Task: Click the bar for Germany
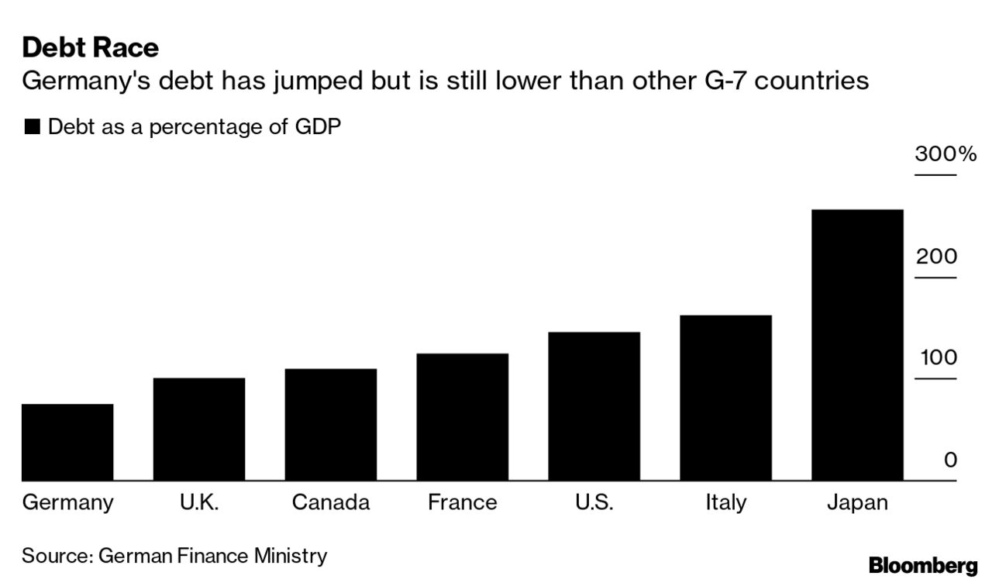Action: pyautogui.click(x=67, y=442)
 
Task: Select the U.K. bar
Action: pyautogui.click(x=199, y=429)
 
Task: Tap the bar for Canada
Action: pyautogui.click(x=331, y=424)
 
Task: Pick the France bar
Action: pyautogui.click(x=462, y=416)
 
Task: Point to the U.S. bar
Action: pyautogui.click(x=594, y=406)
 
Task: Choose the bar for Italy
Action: pyautogui.click(x=725, y=398)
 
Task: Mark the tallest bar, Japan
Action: pyautogui.click(x=856, y=345)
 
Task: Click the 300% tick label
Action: pyautogui.click(x=946, y=153)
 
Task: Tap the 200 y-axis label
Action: pyautogui.click(x=936, y=256)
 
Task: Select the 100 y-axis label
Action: pyautogui.click(x=938, y=357)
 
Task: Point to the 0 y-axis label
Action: pyautogui.click(x=950, y=460)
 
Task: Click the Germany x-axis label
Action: pyautogui.click(x=67, y=502)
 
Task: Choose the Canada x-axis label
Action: pyautogui.click(x=331, y=502)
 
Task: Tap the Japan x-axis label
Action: pyautogui.click(x=856, y=502)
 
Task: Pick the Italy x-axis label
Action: pyautogui.click(x=725, y=502)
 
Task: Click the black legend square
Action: pyautogui.click(x=32, y=127)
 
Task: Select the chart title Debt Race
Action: pyautogui.click(x=90, y=48)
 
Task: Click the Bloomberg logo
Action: pyautogui.click(x=923, y=565)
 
